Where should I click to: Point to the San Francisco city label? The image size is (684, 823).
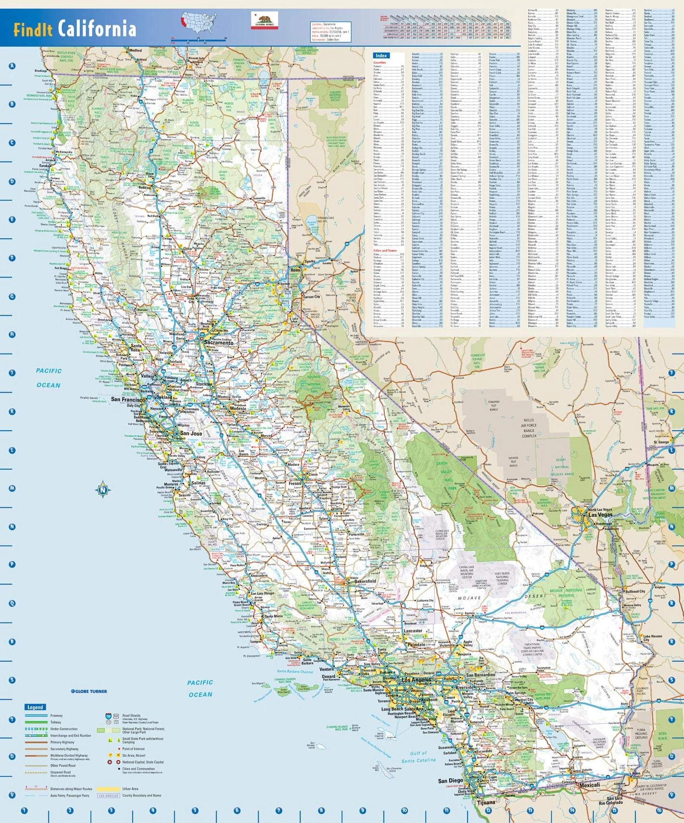[x=128, y=399]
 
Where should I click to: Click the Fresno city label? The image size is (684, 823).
[x=295, y=482]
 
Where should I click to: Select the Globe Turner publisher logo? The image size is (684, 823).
[x=89, y=691]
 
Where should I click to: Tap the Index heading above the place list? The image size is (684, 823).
[x=381, y=56]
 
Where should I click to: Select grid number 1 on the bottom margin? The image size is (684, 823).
[x=25, y=810]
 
